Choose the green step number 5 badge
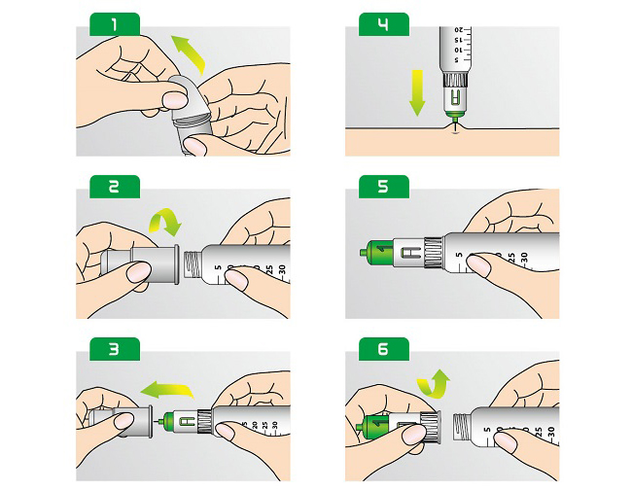point(383,186)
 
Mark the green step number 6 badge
point(383,348)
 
